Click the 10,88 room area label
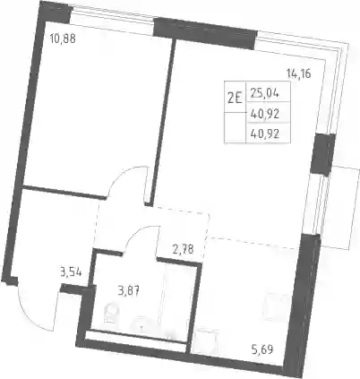pyautogui.click(x=63, y=39)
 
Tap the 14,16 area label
pyautogui.click(x=298, y=73)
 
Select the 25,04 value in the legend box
pyautogui.click(x=265, y=94)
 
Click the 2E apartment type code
pyautogui.click(x=235, y=98)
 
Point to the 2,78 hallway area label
pyautogui.click(x=183, y=249)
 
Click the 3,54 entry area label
pyautogui.click(x=71, y=272)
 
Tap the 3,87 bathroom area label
pyautogui.click(x=128, y=290)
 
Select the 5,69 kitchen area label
pyautogui.click(x=262, y=349)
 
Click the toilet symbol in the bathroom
pyautogui.click(x=111, y=313)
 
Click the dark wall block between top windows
pyautogui.click(x=205, y=33)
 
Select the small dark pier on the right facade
pyautogui.click(x=322, y=155)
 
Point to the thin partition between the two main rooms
pyautogui.click(x=162, y=123)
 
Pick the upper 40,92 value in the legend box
pyautogui.click(x=265, y=114)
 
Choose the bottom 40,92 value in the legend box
pyautogui.click(x=265, y=134)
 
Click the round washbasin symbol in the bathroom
pyautogui.click(x=142, y=323)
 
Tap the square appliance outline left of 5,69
pyautogui.click(x=205, y=342)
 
